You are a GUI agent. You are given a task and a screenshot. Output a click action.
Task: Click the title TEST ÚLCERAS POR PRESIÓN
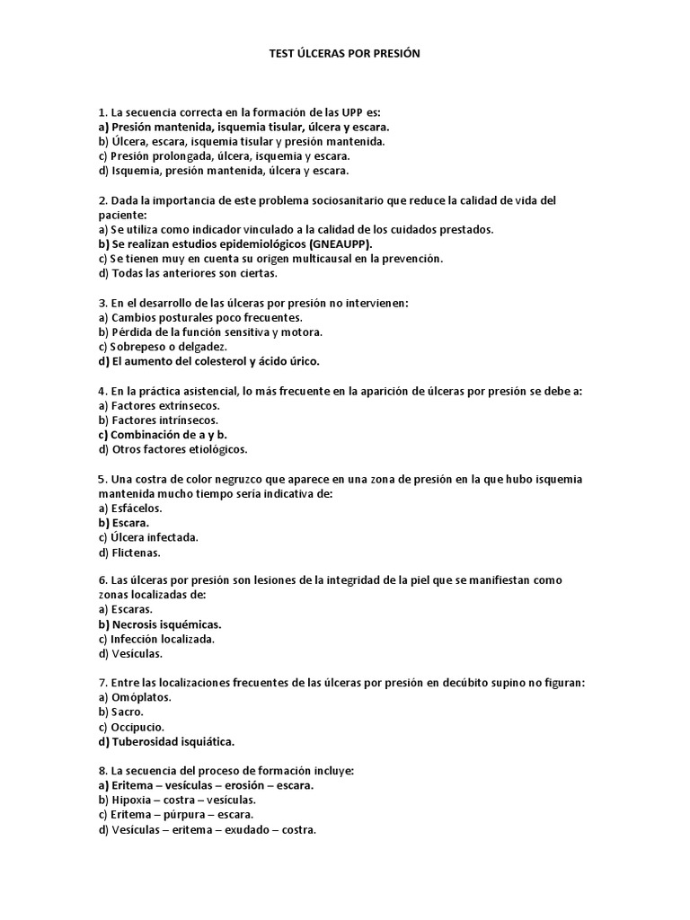tap(344, 54)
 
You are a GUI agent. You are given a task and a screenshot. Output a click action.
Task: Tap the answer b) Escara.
tap(124, 523)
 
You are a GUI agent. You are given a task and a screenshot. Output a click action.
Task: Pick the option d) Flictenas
tap(129, 553)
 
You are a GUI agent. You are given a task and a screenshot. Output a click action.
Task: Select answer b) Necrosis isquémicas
tap(159, 624)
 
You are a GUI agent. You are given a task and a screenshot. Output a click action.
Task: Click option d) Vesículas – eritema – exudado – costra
tap(207, 829)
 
